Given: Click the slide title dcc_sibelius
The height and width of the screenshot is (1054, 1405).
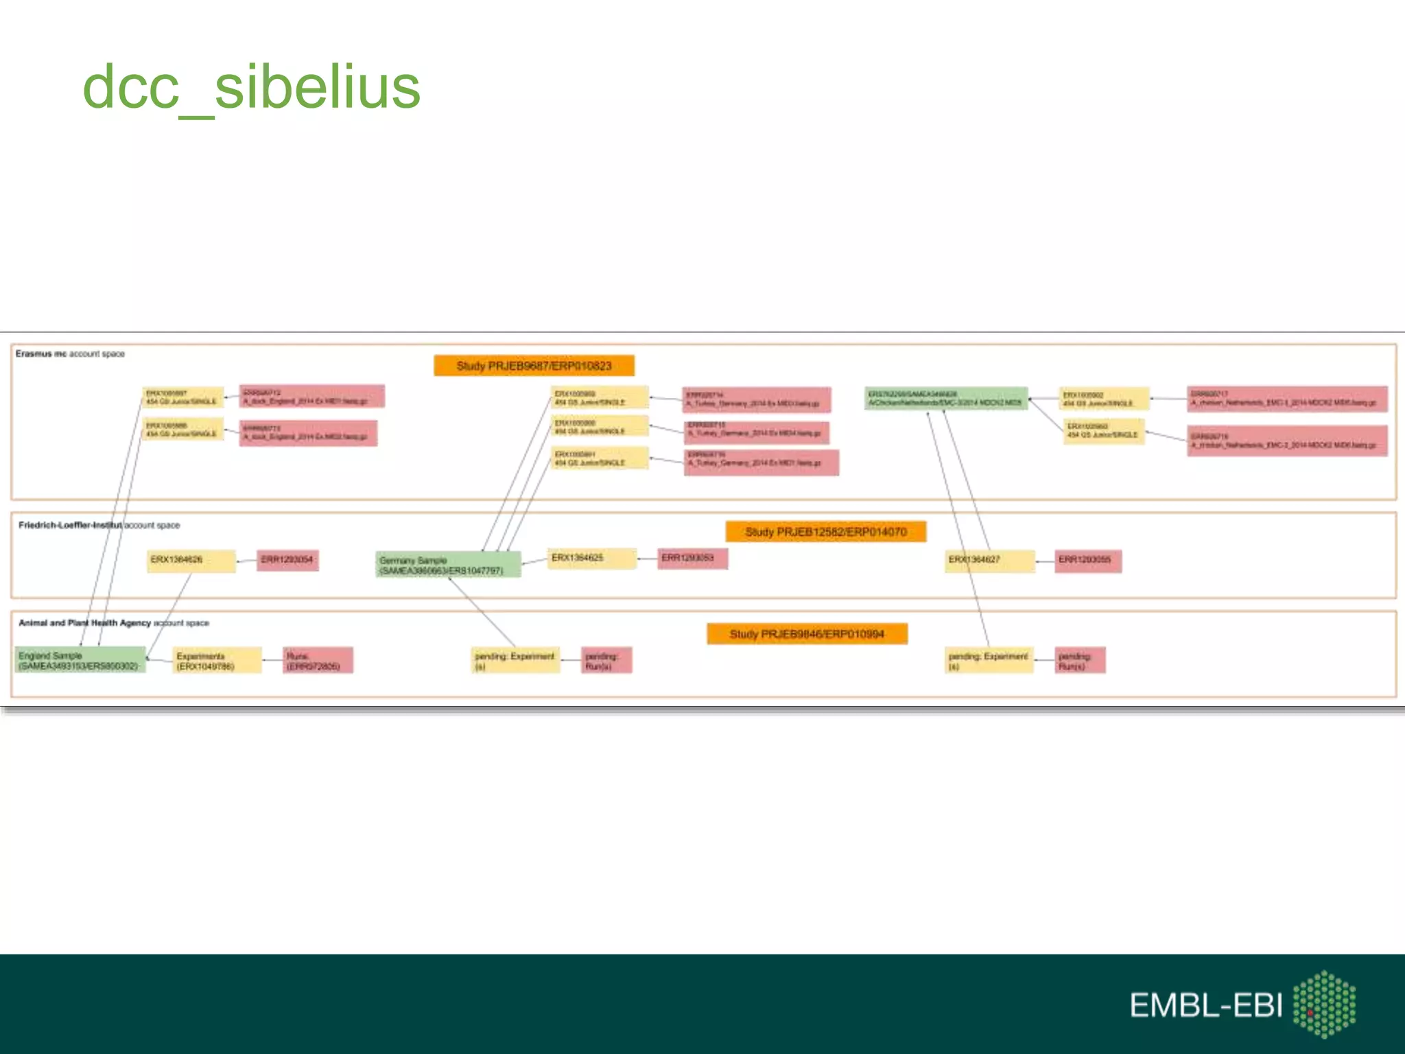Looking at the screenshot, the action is click(251, 88).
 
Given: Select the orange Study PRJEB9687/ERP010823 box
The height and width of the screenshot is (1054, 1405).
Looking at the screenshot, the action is click(534, 366).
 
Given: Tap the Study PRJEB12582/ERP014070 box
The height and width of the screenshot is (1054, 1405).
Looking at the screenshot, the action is click(826, 532).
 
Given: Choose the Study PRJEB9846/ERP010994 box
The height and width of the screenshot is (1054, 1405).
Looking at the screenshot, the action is click(807, 634).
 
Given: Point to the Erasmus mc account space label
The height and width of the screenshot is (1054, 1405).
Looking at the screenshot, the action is click(70, 354).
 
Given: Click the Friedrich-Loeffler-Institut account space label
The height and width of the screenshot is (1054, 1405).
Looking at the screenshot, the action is click(99, 526).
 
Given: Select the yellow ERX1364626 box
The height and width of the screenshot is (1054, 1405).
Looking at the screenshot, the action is click(191, 561).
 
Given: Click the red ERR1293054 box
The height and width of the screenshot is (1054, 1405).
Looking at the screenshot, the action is click(287, 561).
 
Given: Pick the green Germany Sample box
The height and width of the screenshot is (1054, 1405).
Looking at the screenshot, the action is click(448, 565).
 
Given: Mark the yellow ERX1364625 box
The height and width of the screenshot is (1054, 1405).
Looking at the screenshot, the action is click(592, 559).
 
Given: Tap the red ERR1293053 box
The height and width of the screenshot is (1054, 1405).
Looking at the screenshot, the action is click(692, 559).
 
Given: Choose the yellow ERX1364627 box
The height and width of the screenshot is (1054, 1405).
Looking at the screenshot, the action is click(989, 561).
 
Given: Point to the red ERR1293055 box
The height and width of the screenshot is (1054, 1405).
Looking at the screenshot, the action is click(1088, 561).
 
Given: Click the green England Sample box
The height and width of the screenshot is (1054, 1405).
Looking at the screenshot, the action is click(80, 660).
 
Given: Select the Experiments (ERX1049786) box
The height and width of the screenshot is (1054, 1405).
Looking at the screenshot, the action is click(217, 661).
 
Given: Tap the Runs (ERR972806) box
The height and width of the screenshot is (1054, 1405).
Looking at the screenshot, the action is click(318, 661).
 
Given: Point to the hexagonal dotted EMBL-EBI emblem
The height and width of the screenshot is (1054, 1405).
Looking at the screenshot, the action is click(1324, 1004).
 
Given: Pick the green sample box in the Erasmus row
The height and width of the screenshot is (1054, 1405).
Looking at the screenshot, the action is click(945, 399).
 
